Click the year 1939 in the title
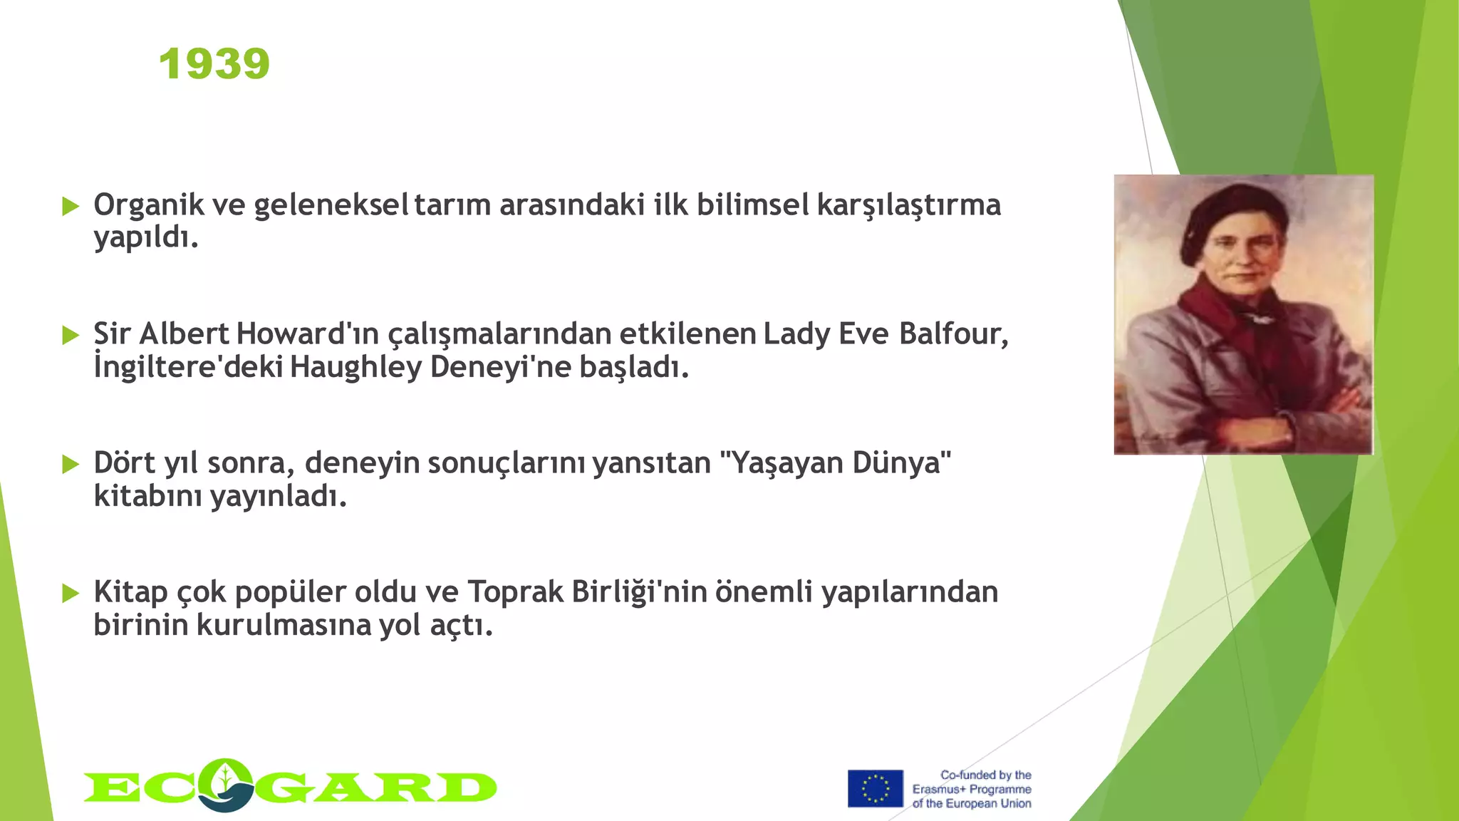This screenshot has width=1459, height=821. [x=214, y=64]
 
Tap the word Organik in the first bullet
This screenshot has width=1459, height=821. [x=149, y=205]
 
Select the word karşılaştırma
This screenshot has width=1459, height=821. [x=908, y=205]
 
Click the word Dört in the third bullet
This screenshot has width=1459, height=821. [x=125, y=463]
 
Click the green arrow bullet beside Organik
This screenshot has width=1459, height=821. [x=70, y=207]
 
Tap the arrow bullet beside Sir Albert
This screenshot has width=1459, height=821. [x=70, y=335]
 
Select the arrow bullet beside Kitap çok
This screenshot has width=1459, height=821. [x=70, y=593]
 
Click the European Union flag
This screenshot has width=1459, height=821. [x=875, y=788]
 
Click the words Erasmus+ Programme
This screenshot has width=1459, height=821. [x=972, y=789]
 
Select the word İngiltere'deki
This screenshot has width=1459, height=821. [x=188, y=367]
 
